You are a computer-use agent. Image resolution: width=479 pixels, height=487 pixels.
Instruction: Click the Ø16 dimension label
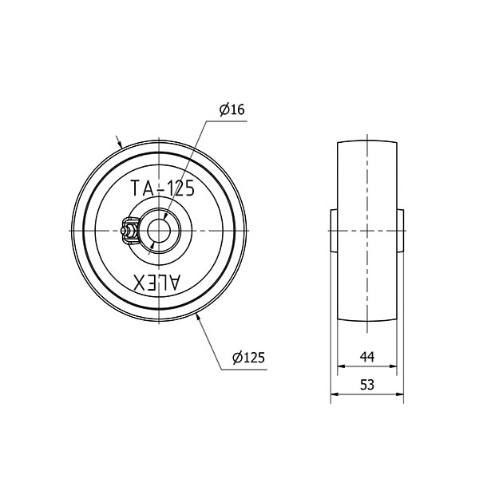232,109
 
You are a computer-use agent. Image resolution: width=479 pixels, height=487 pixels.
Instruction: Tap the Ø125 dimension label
248,358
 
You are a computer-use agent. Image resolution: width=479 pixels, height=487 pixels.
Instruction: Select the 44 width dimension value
367,357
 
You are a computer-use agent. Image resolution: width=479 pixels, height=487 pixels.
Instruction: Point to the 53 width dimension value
367,385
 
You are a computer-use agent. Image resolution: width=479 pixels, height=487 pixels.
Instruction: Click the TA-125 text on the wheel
163,188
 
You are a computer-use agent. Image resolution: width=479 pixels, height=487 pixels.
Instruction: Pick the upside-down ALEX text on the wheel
156,283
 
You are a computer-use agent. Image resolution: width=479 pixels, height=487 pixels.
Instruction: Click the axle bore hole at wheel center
159,231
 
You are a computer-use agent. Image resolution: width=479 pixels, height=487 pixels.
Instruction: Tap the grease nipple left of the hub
129,231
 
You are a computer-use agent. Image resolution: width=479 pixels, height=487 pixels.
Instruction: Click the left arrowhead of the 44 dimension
341,366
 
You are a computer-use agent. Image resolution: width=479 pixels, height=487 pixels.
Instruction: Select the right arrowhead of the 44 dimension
394,366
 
